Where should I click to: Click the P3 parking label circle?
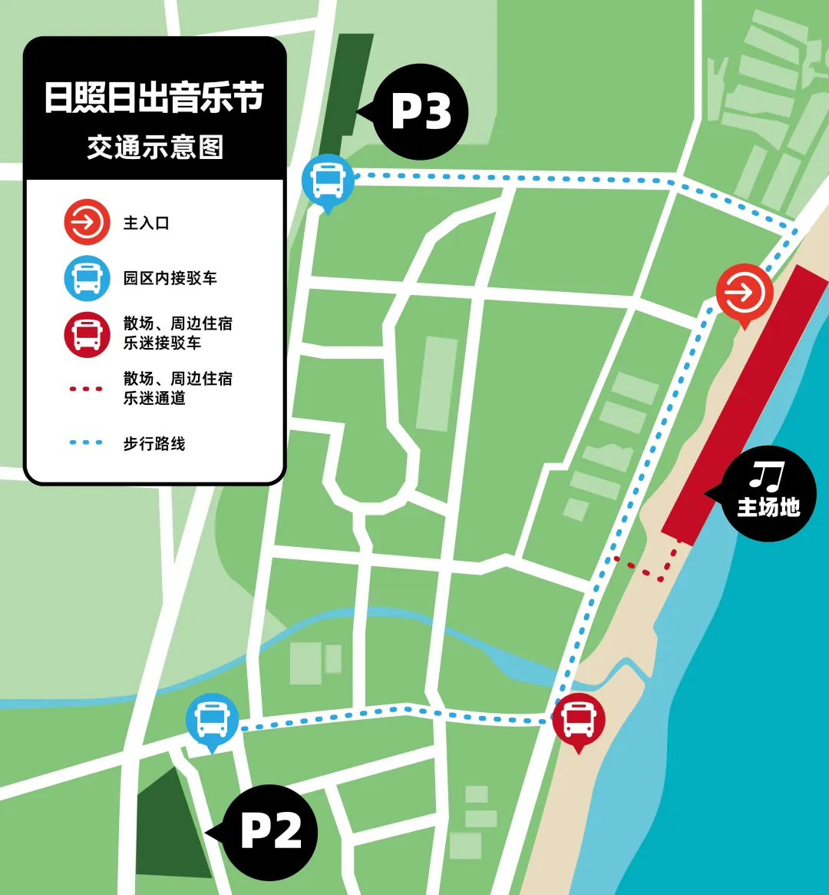(x=421, y=112)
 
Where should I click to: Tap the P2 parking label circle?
(x=270, y=832)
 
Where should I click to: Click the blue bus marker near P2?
(x=212, y=720)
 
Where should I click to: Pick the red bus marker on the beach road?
(x=579, y=719)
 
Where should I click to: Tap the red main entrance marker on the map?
(x=743, y=292)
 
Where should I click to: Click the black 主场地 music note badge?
(x=768, y=493)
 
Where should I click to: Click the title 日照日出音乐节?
(x=154, y=99)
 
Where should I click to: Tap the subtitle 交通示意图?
(x=154, y=146)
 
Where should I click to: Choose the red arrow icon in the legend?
(x=87, y=223)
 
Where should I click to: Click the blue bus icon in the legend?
(x=87, y=277)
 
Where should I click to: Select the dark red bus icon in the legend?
(x=87, y=333)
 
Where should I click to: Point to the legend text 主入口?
(x=146, y=223)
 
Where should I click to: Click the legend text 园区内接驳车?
(x=170, y=277)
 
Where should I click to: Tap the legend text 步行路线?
(x=154, y=443)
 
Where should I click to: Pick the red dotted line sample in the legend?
(x=86, y=389)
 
